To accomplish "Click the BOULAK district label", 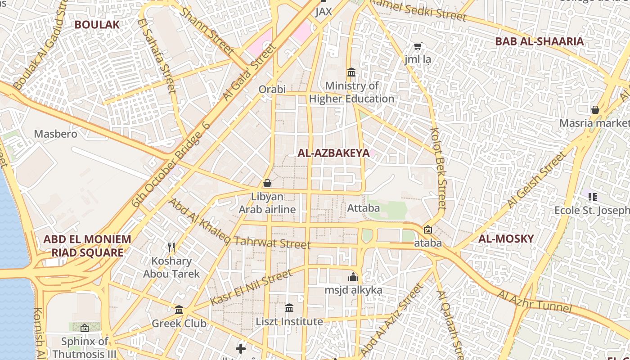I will coord(97,25).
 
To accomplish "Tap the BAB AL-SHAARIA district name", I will coord(539,41).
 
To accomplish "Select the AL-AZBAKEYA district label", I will coord(333,153).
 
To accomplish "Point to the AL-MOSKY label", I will coord(506,238).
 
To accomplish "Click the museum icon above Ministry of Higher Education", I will coord(351,72).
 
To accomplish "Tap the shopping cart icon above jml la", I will coord(418,46).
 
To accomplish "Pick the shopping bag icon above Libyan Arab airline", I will coord(267,183).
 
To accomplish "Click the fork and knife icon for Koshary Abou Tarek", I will coord(171,247).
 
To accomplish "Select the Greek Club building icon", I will coord(179,310).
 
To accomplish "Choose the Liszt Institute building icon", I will coord(289,308).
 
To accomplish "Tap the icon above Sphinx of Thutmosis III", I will coord(84,328).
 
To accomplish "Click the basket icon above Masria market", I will coord(595,110).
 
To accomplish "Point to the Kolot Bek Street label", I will coord(438,169).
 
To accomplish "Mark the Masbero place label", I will coord(56,134).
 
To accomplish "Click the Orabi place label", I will coord(272,90).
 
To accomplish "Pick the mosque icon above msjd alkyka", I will coord(353,277).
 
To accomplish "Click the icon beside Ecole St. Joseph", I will coord(593,197).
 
